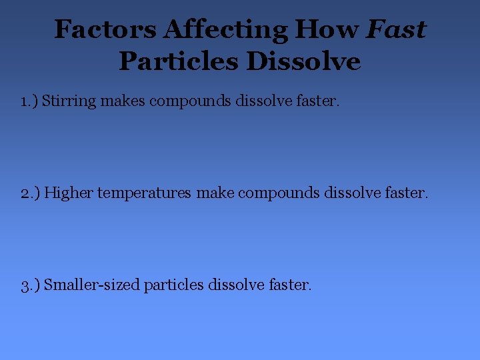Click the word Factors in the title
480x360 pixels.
(105, 29)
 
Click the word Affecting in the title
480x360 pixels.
(225, 29)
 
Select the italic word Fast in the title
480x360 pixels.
(396, 29)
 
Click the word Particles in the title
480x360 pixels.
(178, 61)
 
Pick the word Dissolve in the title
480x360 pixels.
(303, 61)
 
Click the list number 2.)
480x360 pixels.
(30, 193)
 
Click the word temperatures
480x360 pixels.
(144, 194)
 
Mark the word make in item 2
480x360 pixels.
(215, 193)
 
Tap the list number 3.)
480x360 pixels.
(30, 285)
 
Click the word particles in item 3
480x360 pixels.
(173, 285)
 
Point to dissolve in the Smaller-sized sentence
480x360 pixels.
(236, 285)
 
